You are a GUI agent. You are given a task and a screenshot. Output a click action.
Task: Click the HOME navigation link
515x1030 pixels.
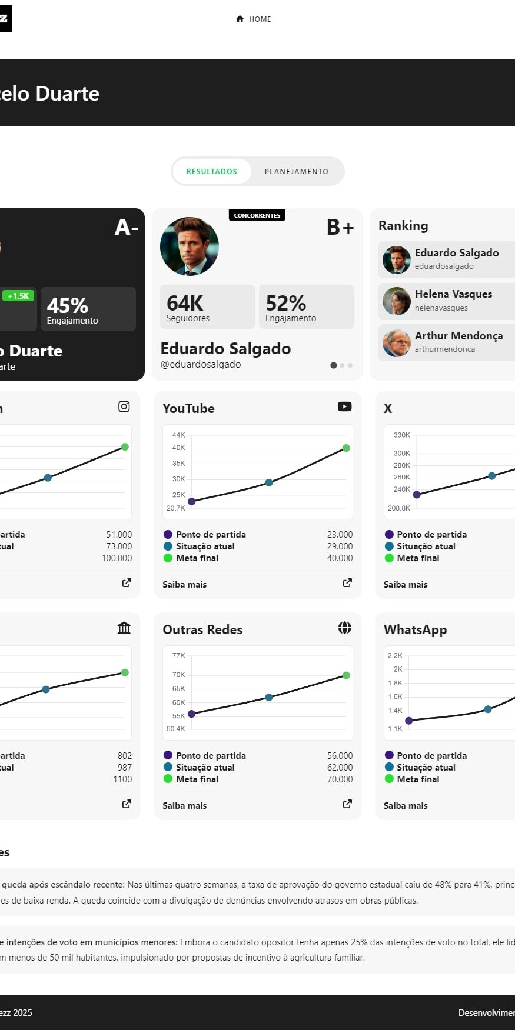[254, 19]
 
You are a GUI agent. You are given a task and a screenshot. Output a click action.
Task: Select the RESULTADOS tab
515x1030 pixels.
[212, 172]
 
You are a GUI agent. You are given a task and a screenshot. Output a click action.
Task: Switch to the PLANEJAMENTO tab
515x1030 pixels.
[296, 172]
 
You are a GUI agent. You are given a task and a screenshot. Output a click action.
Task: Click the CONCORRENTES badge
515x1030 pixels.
[257, 216]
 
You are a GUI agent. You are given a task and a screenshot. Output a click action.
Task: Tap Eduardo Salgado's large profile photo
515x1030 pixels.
[190, 246]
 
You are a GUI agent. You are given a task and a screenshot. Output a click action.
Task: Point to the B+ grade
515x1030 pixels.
[340, 227]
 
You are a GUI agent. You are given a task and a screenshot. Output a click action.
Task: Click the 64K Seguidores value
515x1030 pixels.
[185, 304]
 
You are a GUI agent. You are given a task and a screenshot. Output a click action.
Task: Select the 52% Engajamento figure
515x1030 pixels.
[286, 304]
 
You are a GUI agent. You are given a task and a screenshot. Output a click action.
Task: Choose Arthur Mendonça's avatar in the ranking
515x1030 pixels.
[397, 343]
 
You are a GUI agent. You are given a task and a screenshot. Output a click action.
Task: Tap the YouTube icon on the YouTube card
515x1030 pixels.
[345, 406]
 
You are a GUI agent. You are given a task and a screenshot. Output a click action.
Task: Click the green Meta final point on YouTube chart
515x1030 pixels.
[346, 448]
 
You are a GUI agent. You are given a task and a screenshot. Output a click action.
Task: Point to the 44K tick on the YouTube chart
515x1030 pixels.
[178, 435]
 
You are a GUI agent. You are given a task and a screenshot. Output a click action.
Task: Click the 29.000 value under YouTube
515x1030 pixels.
[340, 546]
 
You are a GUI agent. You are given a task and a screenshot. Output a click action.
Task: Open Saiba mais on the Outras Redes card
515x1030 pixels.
[185, 806]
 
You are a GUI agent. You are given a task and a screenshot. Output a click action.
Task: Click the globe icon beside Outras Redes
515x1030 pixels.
[345, 628]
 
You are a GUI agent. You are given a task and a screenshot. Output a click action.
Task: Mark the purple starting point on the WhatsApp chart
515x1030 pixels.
[409, 721]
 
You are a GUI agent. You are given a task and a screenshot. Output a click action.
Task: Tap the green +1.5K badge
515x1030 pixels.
[18, 296]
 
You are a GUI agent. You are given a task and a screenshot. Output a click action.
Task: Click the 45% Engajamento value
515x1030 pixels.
[68, 306]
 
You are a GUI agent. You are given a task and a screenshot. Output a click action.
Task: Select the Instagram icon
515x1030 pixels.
[124, 406]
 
